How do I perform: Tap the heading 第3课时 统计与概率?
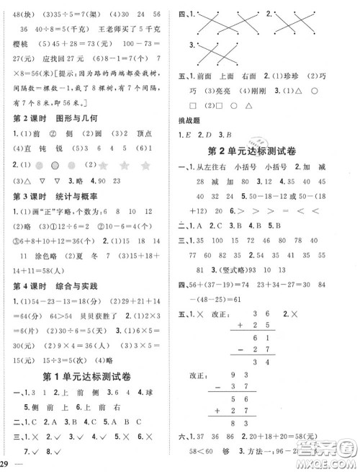coord(51,197)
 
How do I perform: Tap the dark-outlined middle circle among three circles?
coord(71,166)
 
